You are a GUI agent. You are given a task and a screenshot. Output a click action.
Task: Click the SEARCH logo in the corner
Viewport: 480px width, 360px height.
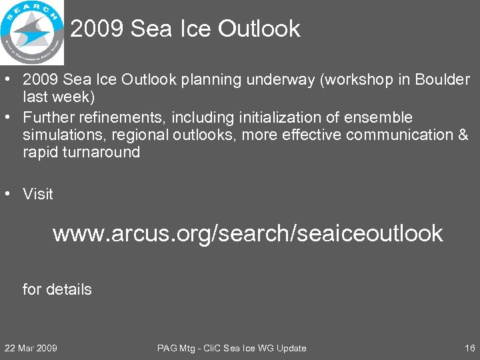(32, 31)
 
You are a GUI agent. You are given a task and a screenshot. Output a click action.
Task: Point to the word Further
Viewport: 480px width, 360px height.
(49, 118)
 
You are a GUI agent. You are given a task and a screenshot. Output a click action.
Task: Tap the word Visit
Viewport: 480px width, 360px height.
(38, 194)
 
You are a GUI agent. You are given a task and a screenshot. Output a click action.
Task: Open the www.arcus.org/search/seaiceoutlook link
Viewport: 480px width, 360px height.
(247, 233)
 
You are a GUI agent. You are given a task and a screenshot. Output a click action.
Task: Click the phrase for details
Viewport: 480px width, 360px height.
(57, 289)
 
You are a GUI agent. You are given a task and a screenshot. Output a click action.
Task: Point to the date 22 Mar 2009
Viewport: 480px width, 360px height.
(31, 348)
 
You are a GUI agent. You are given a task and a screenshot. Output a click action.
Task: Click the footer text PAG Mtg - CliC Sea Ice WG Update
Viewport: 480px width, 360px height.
(231, 348)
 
